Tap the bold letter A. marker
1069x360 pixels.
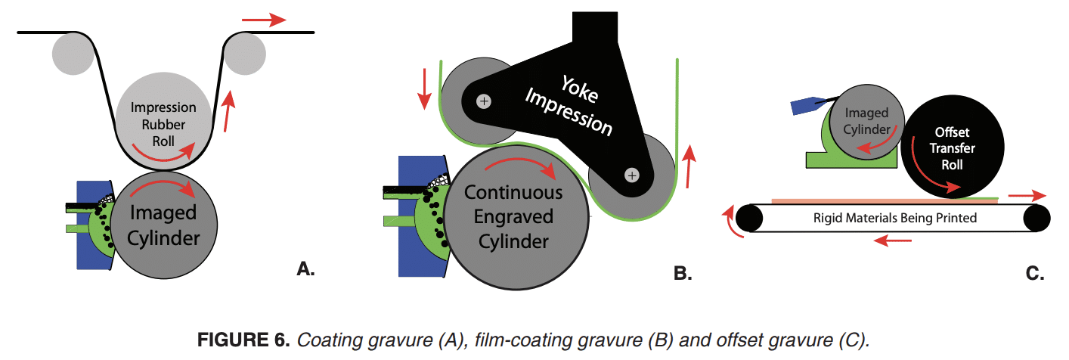[305, 268]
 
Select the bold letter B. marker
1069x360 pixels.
[682, 274]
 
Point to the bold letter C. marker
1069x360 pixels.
[1034, 274]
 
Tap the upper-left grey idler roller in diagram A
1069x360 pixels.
[74, 54]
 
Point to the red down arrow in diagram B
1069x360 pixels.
[425, 88]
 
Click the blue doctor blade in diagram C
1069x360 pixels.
[804, 107]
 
